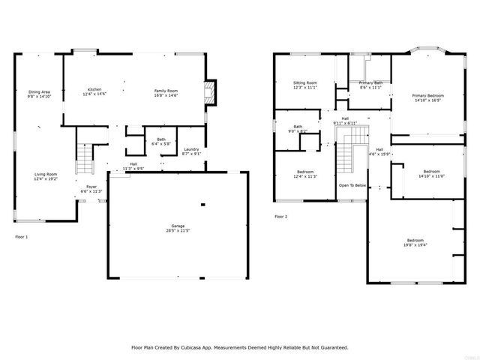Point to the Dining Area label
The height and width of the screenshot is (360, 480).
pos(39,91)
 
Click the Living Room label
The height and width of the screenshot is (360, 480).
pos(45,174)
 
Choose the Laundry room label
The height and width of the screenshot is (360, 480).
pos(191,149)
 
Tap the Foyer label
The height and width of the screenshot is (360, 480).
pos(91,186)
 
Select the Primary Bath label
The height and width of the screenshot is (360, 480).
pos(370,82)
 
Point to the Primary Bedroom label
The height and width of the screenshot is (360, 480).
pos(428,96)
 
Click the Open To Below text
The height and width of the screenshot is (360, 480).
pos(352,184)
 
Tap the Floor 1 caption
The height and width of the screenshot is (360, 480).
pos(22,236)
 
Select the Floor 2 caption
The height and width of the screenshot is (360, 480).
pos(280,216)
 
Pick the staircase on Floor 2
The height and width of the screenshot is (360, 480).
pos(346,154)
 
